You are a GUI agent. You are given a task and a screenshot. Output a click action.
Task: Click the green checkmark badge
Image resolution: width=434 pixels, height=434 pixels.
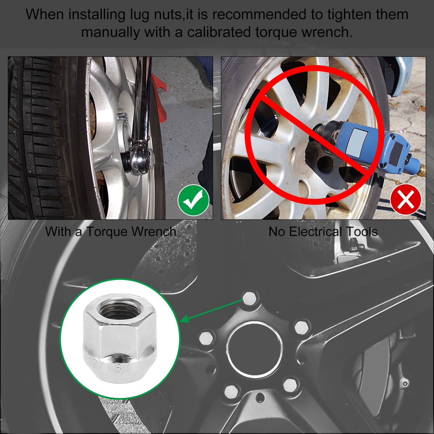193,200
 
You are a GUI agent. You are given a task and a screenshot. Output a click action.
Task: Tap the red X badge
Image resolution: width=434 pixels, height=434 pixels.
406,199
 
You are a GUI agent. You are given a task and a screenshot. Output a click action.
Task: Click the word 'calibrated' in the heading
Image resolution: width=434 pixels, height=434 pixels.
219,32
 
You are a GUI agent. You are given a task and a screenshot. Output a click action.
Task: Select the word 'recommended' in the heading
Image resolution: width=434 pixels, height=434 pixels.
259,15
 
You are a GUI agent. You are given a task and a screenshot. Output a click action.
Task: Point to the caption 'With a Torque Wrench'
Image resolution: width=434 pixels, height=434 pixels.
111,231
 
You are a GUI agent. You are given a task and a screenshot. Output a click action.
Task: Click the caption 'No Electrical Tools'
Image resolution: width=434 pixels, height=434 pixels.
323,231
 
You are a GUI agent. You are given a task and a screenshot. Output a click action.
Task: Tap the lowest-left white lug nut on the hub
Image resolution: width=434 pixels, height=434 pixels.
231,392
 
